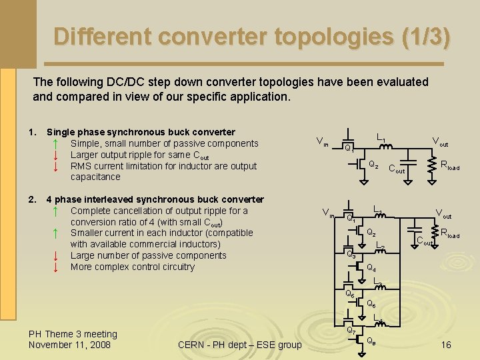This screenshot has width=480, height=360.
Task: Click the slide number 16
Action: (x=446, y=345)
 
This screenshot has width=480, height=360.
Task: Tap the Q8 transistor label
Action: (x=371, y=341)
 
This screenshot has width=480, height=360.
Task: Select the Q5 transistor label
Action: (x=350, y=293)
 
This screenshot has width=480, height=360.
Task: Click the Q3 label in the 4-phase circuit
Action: (x=350, y=255)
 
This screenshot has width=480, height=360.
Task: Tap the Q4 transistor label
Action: (x=371, y=268)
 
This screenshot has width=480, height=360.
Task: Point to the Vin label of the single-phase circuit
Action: (x=321, y=141)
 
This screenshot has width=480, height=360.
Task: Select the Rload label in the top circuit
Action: (x=450, y=165)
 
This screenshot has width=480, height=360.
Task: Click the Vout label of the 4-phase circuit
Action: (x=443, y=215)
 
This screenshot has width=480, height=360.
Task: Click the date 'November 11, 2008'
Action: (x=69, y=345)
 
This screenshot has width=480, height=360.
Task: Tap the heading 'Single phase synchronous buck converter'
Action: (x=141, y=132)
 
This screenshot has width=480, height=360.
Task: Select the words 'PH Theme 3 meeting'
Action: (x=73, y=334)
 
